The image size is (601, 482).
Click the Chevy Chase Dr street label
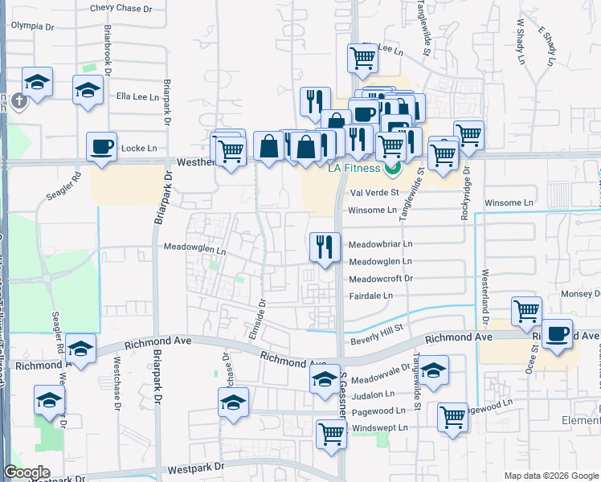[121, 8]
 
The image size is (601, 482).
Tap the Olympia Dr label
[31, 26]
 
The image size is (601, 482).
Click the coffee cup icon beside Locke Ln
[101, 147]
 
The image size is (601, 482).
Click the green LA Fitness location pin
[393, 169]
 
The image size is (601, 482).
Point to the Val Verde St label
[374, 193]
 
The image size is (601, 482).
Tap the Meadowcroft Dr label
[380, 279]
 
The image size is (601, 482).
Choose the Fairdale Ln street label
[370, 296]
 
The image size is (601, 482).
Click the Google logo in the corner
[27, 472]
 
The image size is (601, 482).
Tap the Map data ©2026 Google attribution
[550, 476]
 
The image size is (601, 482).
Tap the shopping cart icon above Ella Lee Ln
[362, 59]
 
